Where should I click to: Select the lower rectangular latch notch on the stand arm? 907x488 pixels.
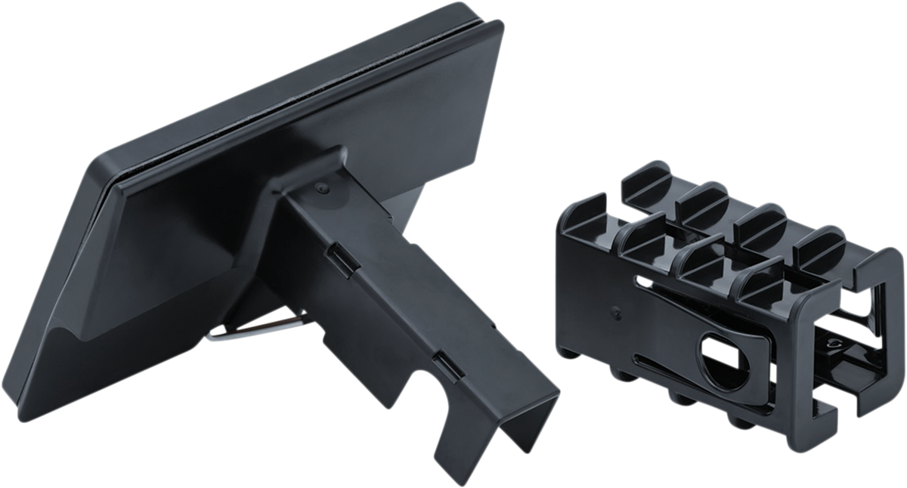(x=447, y=365)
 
